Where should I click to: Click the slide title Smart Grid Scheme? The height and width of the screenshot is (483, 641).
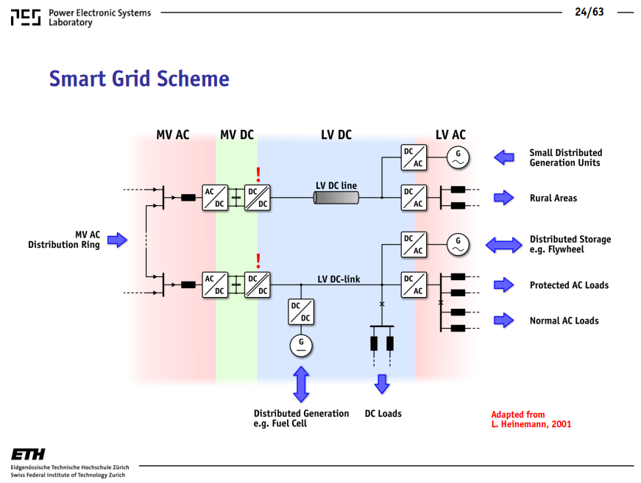139,79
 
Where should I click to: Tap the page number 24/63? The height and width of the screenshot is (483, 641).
589,12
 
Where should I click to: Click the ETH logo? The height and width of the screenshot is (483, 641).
28,454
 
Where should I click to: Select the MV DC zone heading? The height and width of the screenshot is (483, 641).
237,135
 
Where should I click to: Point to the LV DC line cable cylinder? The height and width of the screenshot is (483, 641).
336,198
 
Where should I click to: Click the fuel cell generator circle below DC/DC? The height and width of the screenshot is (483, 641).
301,346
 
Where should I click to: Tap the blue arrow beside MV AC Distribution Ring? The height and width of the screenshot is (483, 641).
117,240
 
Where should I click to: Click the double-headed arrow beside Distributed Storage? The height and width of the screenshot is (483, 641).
503,245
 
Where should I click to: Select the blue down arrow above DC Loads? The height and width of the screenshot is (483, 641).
382,384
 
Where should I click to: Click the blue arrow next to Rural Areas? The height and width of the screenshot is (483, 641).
503,198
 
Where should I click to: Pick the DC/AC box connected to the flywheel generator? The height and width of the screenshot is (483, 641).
414,245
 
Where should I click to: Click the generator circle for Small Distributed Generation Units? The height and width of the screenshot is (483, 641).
458,157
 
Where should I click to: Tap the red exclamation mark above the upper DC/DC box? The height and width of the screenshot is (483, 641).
258,175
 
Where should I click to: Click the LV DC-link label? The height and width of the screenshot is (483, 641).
339,279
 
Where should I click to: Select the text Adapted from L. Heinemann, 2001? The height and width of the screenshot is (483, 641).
531,419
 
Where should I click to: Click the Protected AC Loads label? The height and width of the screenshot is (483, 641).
569,285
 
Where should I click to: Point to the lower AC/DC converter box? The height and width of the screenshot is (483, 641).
215,285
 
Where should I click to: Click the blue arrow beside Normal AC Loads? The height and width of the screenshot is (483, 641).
503,321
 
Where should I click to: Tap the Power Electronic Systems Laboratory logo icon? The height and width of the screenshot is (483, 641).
26,18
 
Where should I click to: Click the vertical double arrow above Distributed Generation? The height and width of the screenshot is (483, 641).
301,384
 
